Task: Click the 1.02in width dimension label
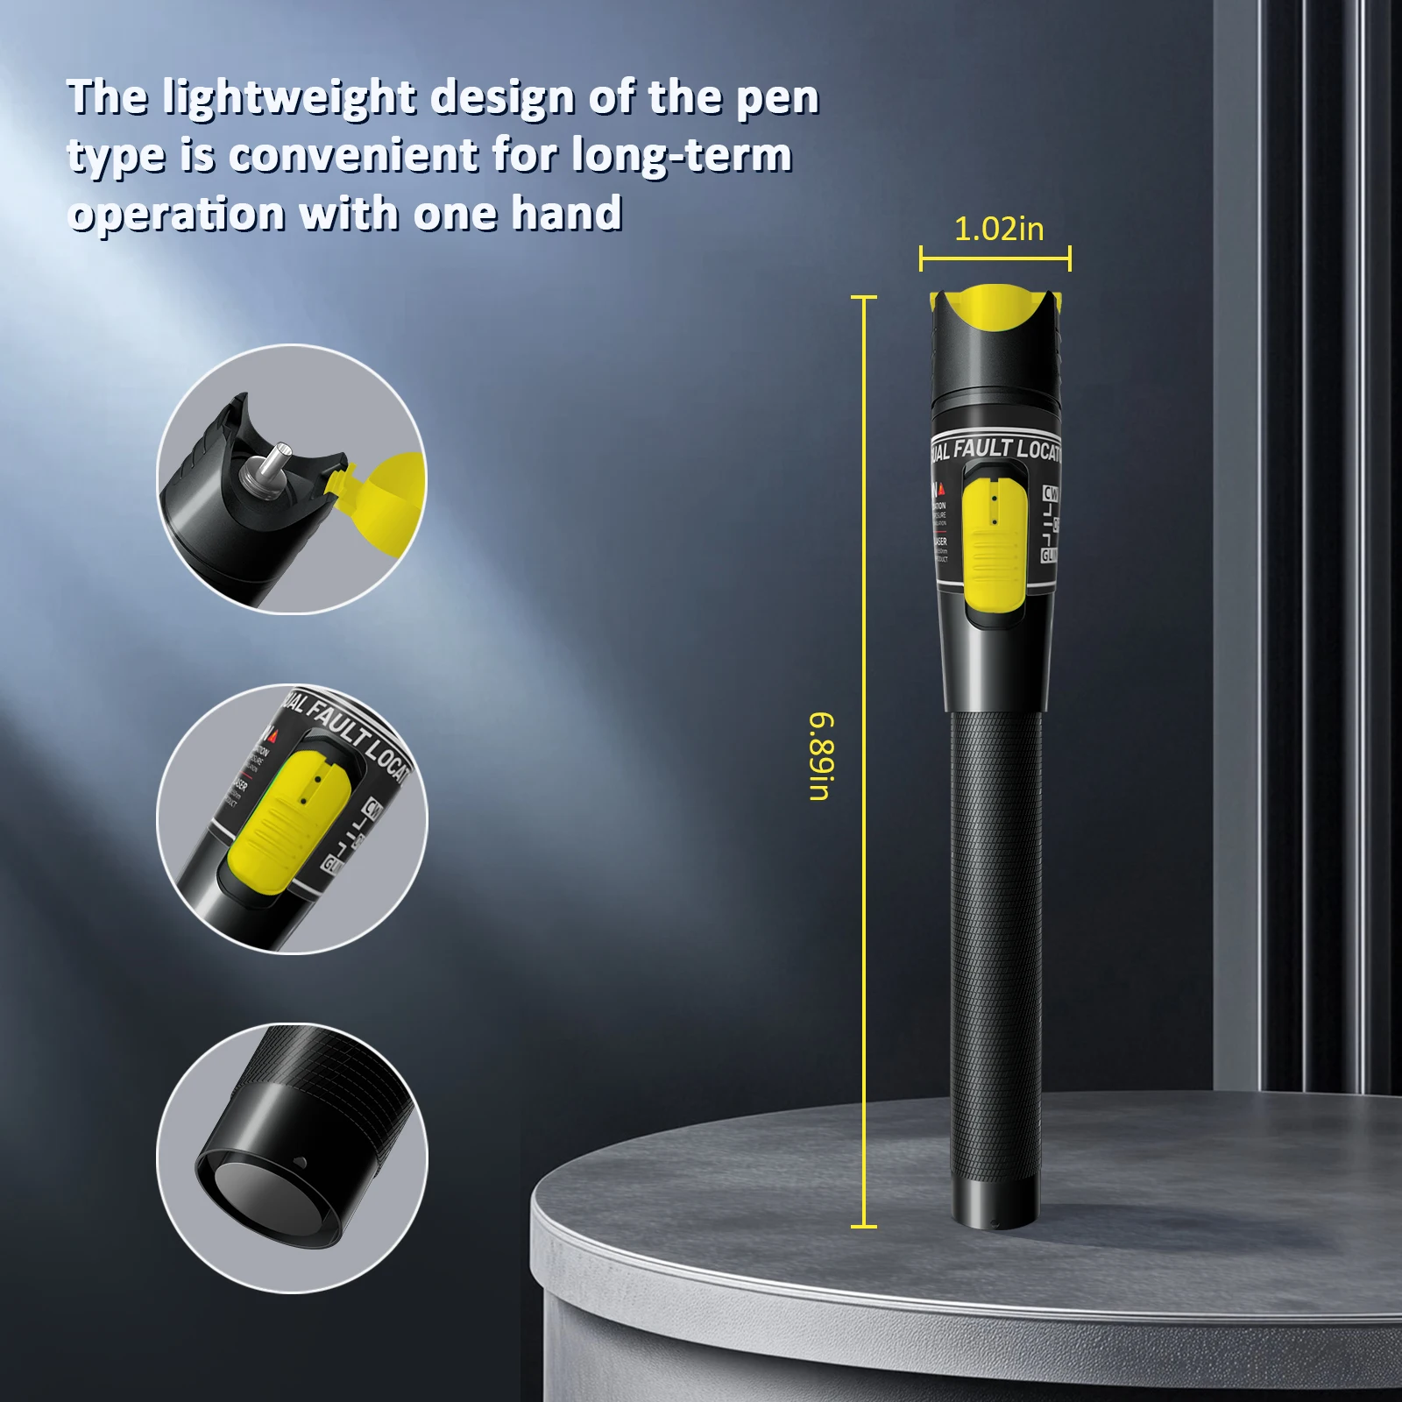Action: pos(999,230)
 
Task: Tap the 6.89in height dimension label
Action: pos(821,756)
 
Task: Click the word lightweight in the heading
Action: pos(288,97)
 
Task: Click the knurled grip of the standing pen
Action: pos(995,946)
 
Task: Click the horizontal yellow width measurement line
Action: pos(995,258)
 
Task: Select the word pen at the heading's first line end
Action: pos(777,97)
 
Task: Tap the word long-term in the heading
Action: pos(682,156)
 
